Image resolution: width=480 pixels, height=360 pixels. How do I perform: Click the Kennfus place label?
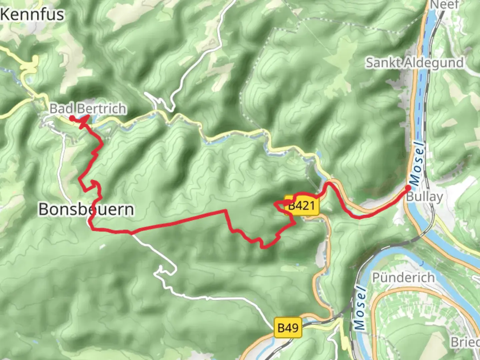click(32, 14)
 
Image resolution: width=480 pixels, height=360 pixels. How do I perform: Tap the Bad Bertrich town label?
click(88, 108)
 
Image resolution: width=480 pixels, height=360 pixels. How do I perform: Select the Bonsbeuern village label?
click(86, 209)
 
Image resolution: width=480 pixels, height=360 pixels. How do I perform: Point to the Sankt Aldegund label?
click(415, 63)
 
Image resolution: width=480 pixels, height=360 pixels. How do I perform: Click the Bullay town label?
click(424, 197)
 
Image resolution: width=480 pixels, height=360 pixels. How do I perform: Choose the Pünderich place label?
click(403, 277)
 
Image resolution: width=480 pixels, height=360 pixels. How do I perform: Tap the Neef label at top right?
click(445, 5)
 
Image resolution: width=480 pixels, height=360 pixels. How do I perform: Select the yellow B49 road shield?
click(288, 328)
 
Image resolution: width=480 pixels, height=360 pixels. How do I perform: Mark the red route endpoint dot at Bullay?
click(408, 188)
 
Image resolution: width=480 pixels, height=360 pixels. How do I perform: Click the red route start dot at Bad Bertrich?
click(72, 118)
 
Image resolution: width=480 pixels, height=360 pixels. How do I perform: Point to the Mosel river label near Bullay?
click(417, 163)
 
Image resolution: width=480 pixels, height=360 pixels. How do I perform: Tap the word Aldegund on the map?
click(434, 63)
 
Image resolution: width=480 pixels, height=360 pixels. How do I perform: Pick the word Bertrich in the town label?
click(101, 108)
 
